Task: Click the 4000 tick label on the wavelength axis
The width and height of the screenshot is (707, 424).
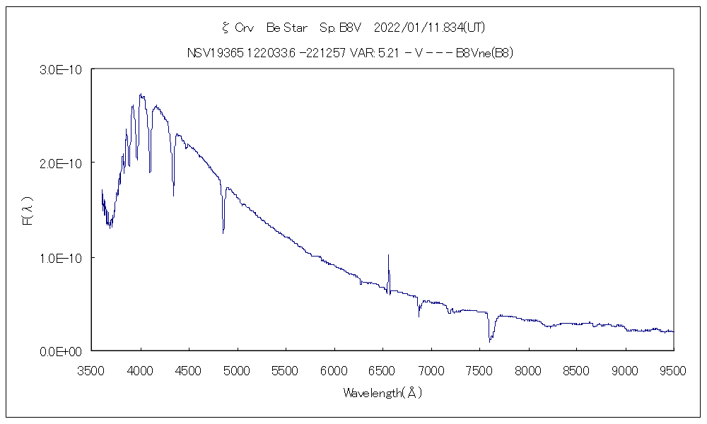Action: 141,370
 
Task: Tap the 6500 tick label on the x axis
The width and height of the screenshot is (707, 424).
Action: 382,370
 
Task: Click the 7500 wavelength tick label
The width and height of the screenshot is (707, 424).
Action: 479,370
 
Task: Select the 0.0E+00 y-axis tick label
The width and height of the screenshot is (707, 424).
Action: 62,351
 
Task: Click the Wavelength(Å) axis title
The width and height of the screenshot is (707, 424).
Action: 382,393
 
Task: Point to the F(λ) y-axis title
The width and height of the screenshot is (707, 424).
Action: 28,210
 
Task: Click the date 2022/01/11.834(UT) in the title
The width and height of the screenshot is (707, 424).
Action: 428,28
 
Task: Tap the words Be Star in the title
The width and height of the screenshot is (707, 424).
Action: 286,28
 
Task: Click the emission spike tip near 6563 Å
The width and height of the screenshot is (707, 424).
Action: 388,254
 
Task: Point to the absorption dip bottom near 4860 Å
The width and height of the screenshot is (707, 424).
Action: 223,232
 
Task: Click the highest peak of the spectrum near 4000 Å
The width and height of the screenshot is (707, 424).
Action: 141,94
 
